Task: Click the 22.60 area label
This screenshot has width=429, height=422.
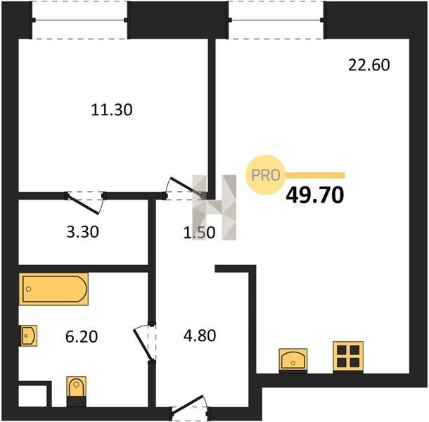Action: click(369, 65)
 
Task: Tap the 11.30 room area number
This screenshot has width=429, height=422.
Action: click(112, 110)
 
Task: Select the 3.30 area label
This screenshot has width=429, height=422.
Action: click(82, 232)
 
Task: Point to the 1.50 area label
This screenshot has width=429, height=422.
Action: click(199, 233)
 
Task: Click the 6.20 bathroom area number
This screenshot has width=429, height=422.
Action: click(82, 336)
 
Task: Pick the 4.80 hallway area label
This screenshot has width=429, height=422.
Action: click(200, 335)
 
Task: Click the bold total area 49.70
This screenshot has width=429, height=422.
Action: click(314, 196)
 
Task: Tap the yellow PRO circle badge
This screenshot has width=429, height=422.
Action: click(266, 175)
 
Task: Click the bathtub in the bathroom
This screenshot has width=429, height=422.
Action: click(53, 289)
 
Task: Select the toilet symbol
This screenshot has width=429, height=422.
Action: click(77, 391)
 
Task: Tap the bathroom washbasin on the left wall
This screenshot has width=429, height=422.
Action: click(28, 335)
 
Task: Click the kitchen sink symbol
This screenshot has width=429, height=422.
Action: click(293, 360)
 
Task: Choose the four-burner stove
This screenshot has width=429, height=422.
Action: click(348, 357)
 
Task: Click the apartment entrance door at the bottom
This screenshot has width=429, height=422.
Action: click(190, 409)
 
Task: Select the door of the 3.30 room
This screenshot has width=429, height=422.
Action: click(85, 203)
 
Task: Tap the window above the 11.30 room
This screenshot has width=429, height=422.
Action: click(79, 20)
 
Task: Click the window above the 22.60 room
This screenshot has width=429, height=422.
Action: click(276, 20)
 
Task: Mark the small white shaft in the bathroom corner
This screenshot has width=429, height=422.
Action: click(33, 396)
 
